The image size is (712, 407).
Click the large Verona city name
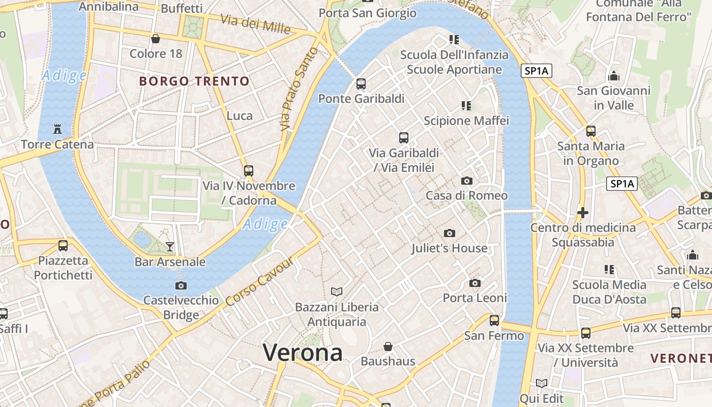(x=303, y=353)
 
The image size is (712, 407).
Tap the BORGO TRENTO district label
(x=195, y=81)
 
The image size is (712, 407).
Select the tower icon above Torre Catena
(x=57, y=129)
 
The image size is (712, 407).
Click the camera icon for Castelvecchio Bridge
(x=181, y=285)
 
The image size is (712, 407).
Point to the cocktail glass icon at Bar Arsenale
(x=170, y=247)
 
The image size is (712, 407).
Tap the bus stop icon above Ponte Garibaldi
(x=361, y=84)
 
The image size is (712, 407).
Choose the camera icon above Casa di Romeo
(x=466, y=181)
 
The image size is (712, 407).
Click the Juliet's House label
(x=450, y=248)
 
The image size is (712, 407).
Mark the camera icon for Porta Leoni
(x=475, y=283)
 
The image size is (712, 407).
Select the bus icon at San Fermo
(x=494, y=321)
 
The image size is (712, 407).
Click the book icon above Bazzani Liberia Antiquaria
(x=337, y=292)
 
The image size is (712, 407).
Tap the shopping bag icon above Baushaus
(x=388, y=346)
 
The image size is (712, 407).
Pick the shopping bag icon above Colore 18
(x=156, y=39)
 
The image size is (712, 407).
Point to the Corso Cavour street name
(x=259, y=282)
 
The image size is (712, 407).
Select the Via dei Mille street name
(x=255, y=24)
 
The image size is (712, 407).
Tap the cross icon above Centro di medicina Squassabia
(x=583, y=212)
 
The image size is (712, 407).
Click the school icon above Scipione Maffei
(x=466, y=106)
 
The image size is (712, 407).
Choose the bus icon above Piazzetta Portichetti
(x=63, y=246)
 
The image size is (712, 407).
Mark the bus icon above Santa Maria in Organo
(x=590, y=131)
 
